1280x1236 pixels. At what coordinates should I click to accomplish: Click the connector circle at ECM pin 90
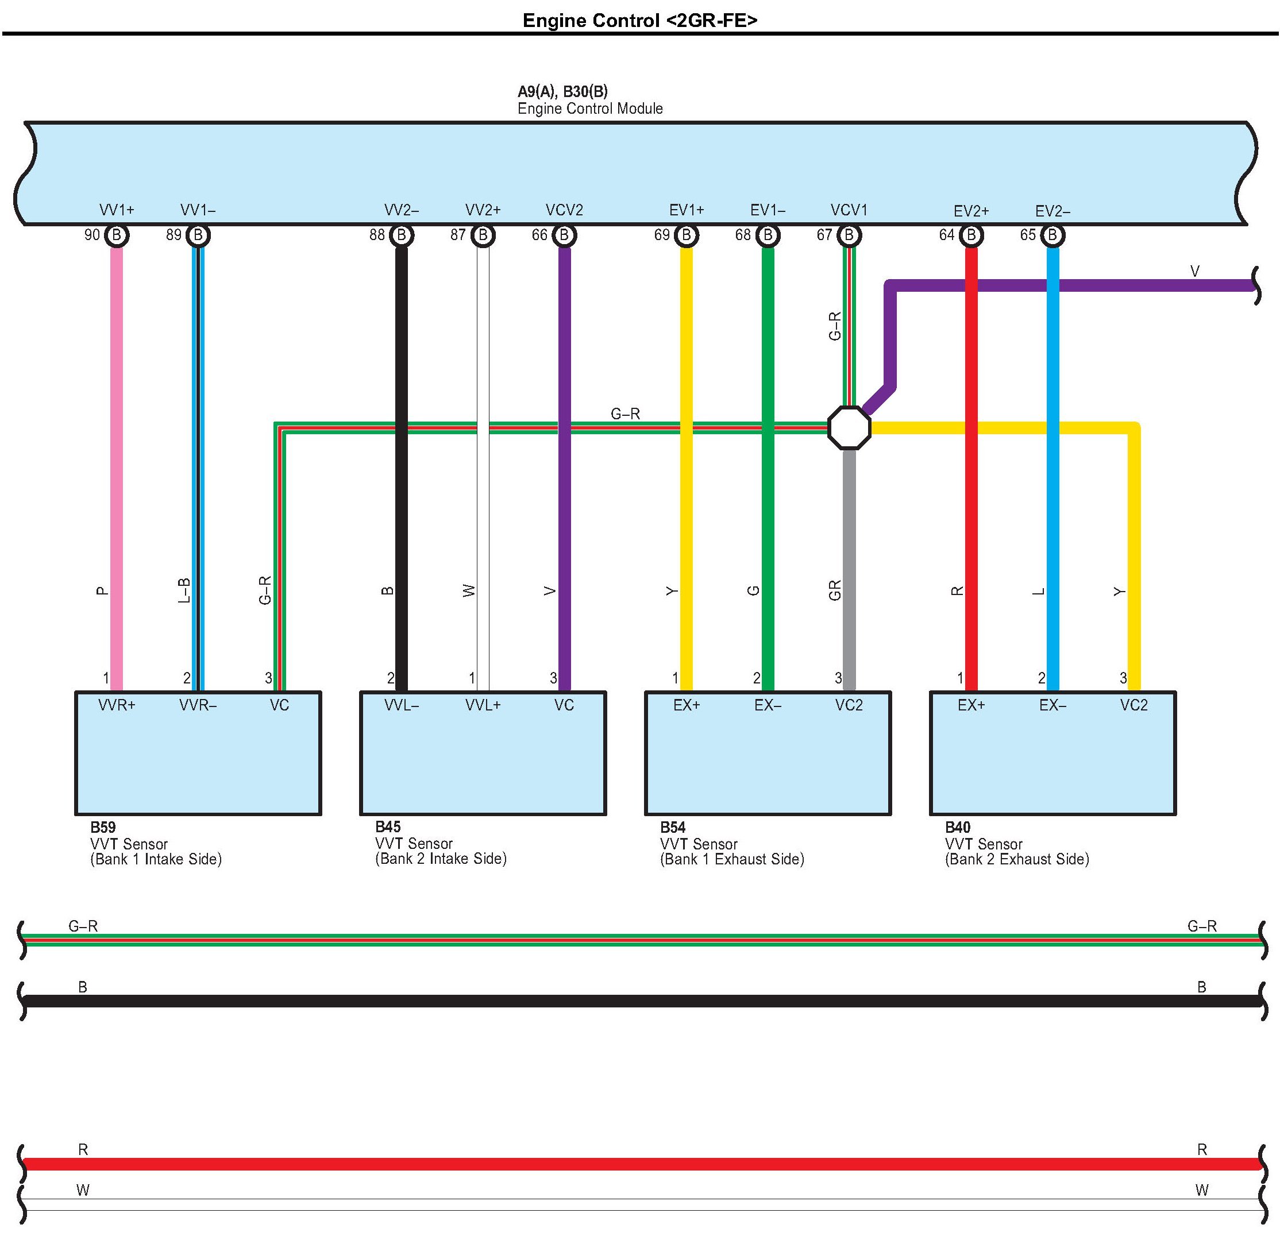(116, 235)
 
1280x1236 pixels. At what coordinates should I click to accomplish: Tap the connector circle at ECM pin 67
(849, 235)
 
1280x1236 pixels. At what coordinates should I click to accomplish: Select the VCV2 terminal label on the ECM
(564, 210)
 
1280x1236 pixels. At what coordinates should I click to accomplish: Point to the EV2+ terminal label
(971, 211)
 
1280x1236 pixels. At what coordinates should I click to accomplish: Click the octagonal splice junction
(849, 428)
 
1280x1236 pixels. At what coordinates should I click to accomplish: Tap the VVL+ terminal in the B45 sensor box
(483, 705)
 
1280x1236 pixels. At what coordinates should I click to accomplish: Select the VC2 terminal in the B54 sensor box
(849, 705)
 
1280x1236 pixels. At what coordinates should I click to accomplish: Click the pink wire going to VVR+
(116, 457)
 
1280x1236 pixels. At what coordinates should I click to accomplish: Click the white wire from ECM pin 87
(483, 457)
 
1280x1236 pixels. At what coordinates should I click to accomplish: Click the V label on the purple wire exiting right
(1194, 271)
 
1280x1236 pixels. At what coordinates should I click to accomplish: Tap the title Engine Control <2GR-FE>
(640, 20)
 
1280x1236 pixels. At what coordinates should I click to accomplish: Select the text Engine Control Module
(589, 109)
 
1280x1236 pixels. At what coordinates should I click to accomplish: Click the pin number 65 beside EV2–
(1028, 235)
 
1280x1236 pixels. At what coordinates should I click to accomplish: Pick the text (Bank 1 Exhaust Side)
(731, 859)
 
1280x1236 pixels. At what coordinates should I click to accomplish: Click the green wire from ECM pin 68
(768, 457)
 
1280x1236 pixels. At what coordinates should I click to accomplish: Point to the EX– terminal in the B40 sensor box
(1052, 705)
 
